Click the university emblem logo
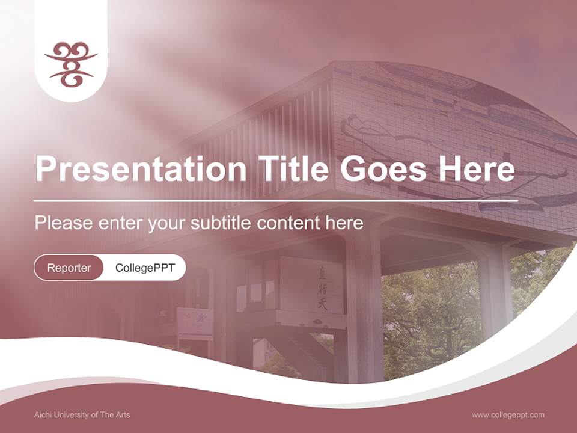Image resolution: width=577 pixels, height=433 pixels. pyautogui.click(x=71, y=64)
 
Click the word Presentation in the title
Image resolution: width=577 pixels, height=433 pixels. pyautogui.click(x=141, y=168)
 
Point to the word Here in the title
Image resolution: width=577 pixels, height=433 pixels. pyautogui.click(x=477, y=168)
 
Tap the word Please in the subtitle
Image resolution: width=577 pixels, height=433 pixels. pyautogui.click(x=64, y=223)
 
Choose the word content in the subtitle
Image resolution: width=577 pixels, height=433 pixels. pyautogui.click(x=288, y=223)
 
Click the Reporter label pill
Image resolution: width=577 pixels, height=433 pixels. pyautogui.click(x=69, y=268)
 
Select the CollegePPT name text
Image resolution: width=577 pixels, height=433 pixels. pyautogui.click(x=145, y=268)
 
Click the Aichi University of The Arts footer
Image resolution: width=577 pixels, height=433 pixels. pyautogui.click(x=82, y=415)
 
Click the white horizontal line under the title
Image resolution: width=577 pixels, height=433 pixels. pyautogui.click(x=276, y=201)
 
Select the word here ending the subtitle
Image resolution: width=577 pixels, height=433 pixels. pyautogui.click(x=344, y=223)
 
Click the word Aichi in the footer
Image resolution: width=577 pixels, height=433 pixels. pyautogui.click(x=42, y=415)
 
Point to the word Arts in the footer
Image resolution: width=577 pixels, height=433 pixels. pyautogui.click(x=123, y=415)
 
